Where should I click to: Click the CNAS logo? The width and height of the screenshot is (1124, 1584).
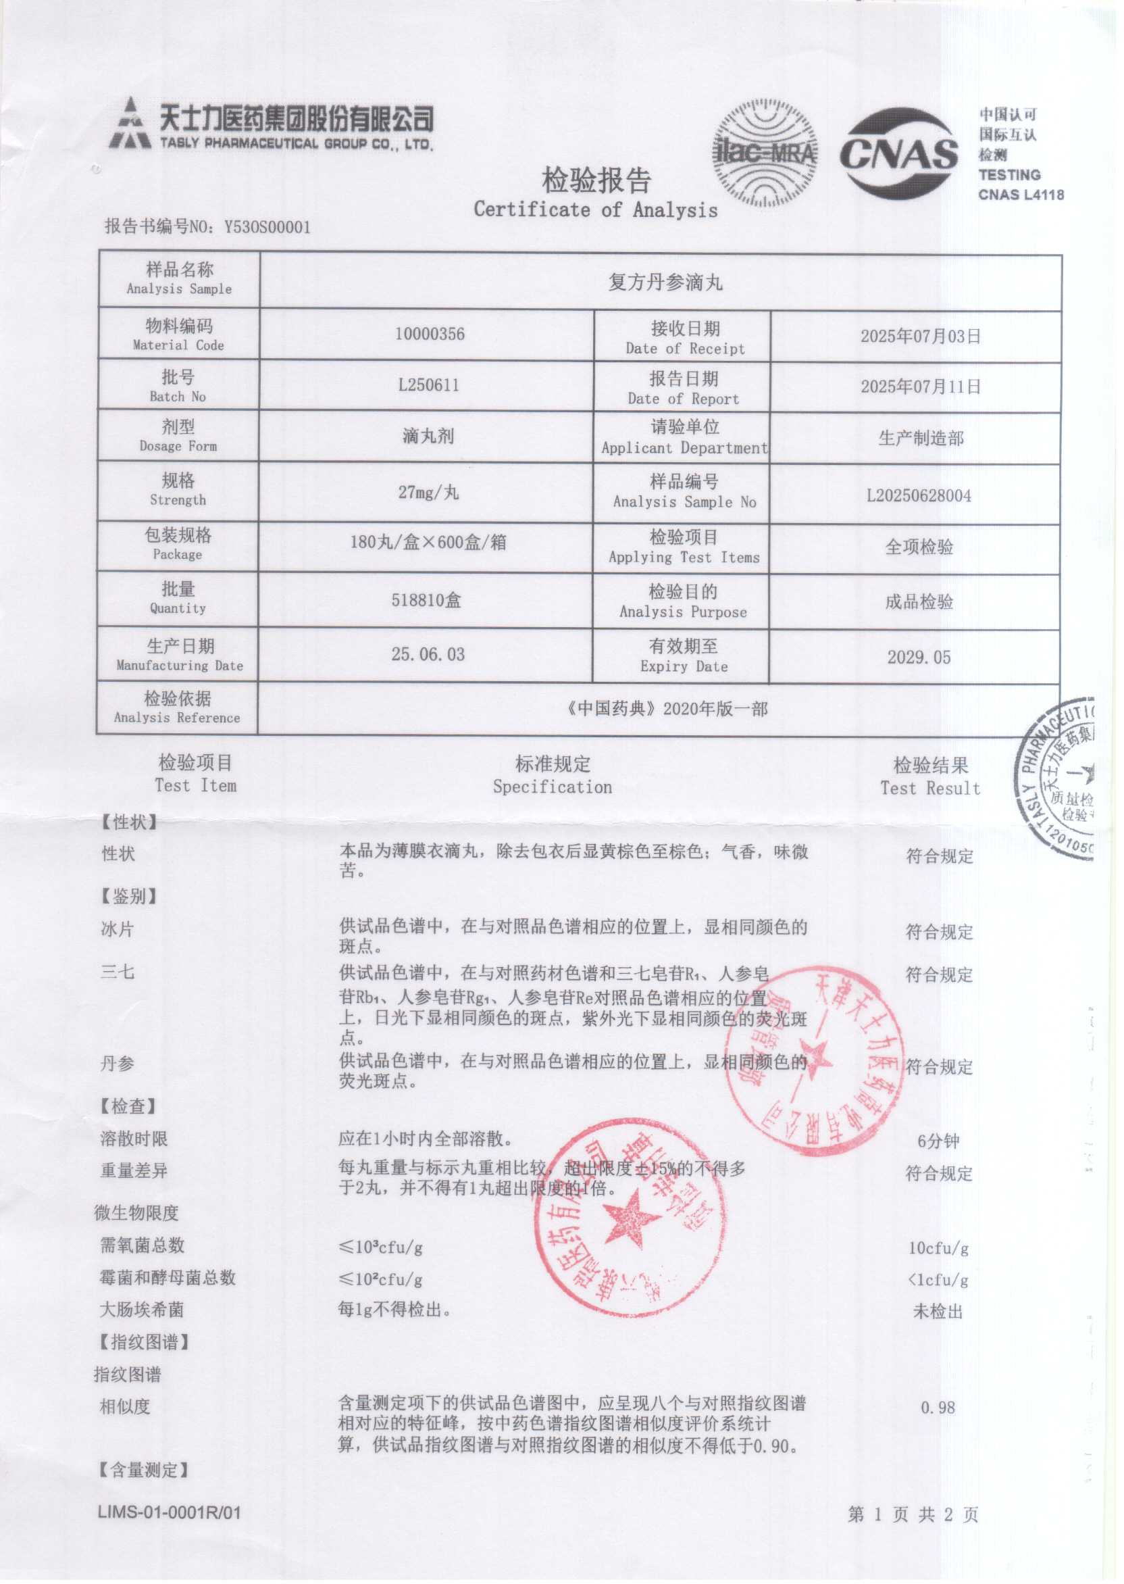898,153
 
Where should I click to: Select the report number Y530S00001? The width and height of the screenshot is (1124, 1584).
267,227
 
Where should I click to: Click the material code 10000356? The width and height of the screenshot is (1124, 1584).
429,335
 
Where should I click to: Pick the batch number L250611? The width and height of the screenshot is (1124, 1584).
428,385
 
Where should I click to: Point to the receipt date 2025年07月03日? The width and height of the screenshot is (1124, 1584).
920,337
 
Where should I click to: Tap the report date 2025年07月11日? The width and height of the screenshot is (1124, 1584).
920,387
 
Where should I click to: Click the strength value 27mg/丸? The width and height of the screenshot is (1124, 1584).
428,492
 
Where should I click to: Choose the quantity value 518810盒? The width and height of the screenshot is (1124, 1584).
426,599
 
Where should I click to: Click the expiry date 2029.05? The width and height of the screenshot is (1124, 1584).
919,657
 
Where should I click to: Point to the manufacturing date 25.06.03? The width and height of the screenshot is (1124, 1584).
428,654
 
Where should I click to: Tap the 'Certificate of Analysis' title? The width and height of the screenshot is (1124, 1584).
595,209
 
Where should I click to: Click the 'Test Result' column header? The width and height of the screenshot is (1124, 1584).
929,788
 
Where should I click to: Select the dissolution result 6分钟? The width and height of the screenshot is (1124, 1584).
938,1141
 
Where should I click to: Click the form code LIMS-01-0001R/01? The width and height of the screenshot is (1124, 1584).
170,1512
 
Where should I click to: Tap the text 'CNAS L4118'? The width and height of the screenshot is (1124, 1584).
1020,195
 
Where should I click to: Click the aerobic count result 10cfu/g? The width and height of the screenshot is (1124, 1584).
938,1247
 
